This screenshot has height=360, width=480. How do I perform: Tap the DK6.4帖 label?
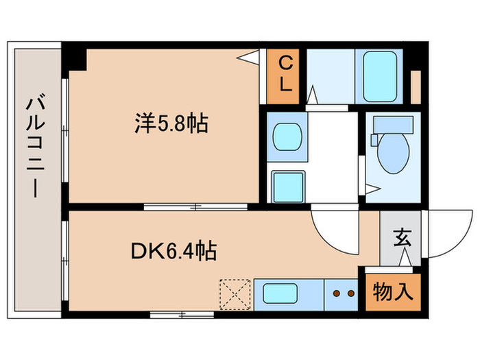tap(173, 252)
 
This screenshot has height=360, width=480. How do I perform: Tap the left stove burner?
tap(336, 293)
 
